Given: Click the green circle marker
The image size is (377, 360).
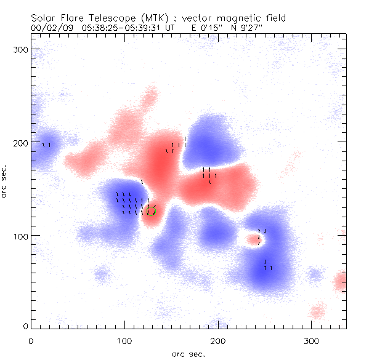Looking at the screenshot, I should tap(151, 211).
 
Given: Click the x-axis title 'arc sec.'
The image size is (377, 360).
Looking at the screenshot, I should tap(188, 354).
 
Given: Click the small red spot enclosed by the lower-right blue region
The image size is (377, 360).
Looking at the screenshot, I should tap(253, 239).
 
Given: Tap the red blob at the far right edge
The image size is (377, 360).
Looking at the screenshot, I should tap(341, 282).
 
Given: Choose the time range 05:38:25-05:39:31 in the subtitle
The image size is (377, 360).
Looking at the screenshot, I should tap(126, 27).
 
